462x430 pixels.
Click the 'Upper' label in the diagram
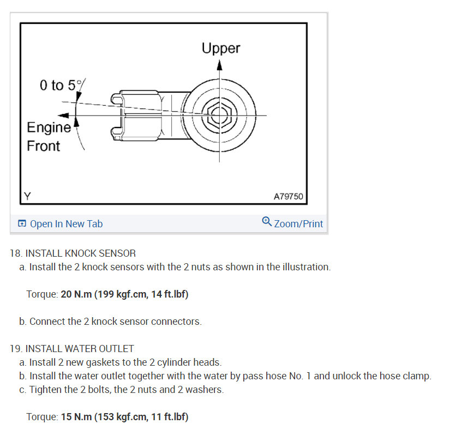(220, 48)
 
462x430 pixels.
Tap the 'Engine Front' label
(48, 137)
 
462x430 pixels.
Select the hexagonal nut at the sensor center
(219, 116)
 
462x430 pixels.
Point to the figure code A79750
(287, 196)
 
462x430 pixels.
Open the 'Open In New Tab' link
(66, 223)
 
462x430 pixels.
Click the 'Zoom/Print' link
(298, 223)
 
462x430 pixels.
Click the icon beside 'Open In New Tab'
(22, 223)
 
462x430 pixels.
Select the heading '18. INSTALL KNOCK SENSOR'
(73, 253)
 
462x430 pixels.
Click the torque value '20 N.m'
(76, 294)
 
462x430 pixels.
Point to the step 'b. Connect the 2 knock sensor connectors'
(110, 322)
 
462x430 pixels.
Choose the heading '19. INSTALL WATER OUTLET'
(72, 348)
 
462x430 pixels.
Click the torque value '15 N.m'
(76, 417)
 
